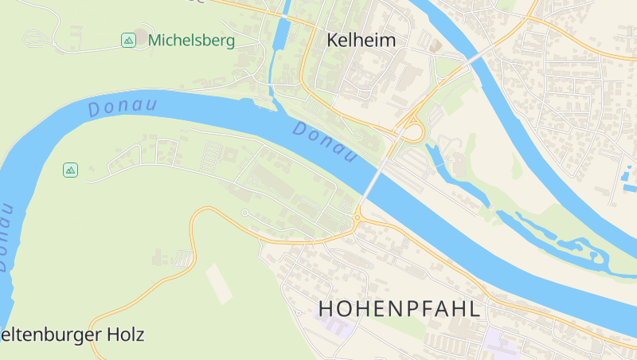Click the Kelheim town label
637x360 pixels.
[x=361, y=40]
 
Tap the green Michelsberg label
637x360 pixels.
[x=191, y=40]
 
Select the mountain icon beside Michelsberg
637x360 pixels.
[x=128, y=40]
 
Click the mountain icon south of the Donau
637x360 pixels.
[x=71, y=170]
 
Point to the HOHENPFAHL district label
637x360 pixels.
[x=400, y=309]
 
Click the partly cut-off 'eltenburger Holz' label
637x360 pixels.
[x=72, y=335]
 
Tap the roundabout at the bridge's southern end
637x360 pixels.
[x=358, y=217]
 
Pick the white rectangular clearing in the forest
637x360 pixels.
[x=219, y=283]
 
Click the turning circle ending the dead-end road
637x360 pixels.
[x=245, y=213]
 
